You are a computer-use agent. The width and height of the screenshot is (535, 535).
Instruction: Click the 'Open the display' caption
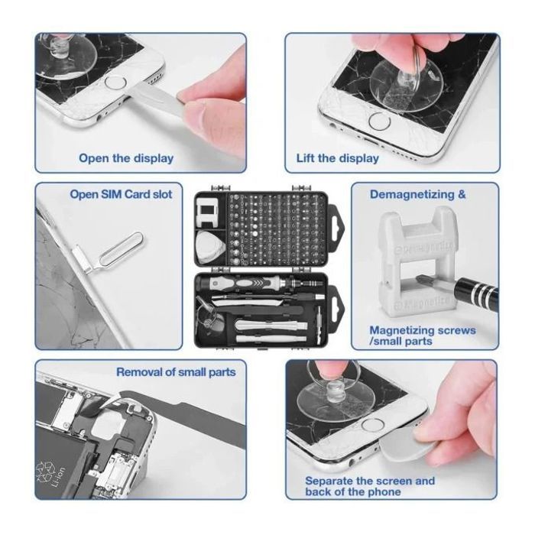point(126,158)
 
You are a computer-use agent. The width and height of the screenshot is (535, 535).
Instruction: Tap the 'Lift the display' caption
point(338,158)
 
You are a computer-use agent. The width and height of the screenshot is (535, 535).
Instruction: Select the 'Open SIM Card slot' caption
point(121,194)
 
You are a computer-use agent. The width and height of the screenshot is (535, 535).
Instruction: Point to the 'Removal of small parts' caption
point(176,372)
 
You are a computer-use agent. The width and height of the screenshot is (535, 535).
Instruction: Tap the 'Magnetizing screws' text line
point(423,330)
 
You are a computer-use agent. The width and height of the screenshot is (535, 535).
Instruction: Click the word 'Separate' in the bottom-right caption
point(329,481)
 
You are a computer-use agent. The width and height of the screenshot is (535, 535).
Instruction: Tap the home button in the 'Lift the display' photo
point(379,122)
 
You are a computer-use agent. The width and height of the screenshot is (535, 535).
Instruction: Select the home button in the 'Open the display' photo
point(115,83)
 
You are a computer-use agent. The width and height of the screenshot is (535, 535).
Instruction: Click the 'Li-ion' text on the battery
point(57,478)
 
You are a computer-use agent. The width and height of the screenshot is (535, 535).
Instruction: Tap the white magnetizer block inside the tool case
point(207,212)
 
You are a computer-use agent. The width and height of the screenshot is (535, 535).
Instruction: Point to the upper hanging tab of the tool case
point(337,223)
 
